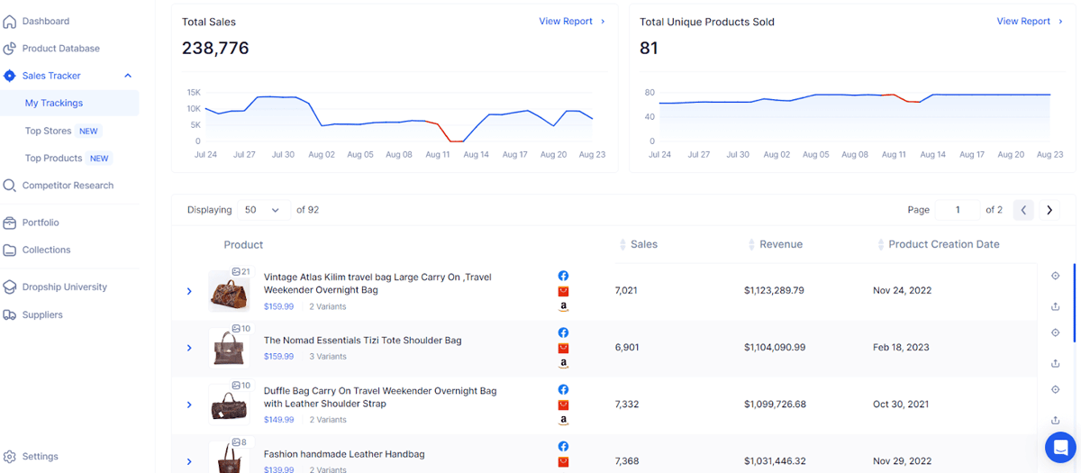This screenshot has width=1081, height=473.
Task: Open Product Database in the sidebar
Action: point(61,49)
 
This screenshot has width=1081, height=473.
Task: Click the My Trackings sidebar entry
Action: point(54,103)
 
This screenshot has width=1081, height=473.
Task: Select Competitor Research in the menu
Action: point(68,186)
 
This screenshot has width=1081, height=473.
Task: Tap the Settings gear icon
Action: point(9,457)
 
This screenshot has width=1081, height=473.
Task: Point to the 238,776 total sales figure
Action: point(215,49)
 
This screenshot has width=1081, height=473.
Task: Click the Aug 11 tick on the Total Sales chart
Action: point(437,154)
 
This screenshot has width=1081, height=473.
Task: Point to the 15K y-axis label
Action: point(194,92)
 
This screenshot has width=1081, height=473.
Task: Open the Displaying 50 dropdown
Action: point(263,210)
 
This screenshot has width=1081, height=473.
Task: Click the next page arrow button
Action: point(1049,210)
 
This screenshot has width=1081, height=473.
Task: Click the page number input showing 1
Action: point(958,210)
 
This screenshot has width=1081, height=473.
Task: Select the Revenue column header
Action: point(781,244)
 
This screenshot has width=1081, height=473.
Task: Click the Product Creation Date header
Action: point(943,244)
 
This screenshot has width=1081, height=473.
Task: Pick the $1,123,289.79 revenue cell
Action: point(774,290)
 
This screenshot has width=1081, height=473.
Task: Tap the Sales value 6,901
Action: point(627,348)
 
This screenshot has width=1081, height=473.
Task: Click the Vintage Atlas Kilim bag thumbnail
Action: point(229,291)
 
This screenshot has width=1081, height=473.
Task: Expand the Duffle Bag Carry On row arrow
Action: point(189,405)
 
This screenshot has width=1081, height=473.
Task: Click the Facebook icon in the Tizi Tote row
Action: point(563,332)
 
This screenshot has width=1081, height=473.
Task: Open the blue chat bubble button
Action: point(1060,448)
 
